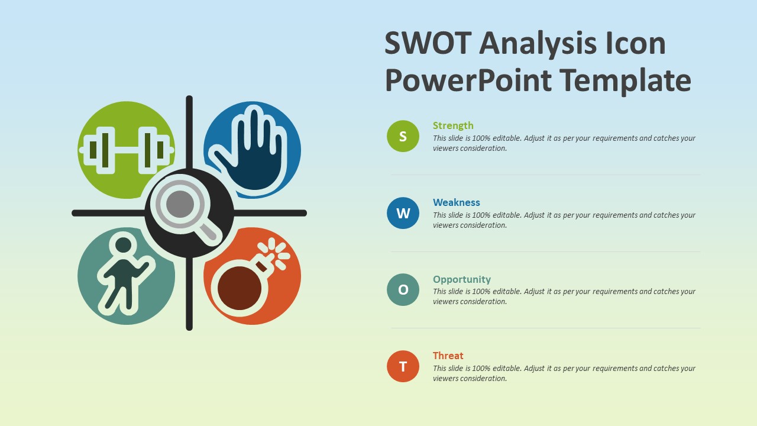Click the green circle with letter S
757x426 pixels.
(x=403, y=136)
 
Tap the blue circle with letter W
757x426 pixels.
(x=403, y=213)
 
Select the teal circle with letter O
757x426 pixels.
(x=403, y=289)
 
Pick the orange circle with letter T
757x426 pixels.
(x=403, y=366)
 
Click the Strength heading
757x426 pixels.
(x=453, y=125)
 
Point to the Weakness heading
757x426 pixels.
(x=456, y=202)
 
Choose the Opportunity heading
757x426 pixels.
(x=461, y=279)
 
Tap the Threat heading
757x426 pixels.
(x=448, y=356)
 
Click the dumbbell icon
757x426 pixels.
(x=126, y=150)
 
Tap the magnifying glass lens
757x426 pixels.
(x=180, y=205)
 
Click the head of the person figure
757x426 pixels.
(x=124, y=244)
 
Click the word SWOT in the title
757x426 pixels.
(x=428, y=44)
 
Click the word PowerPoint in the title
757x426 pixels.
(x=468, y=80)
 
